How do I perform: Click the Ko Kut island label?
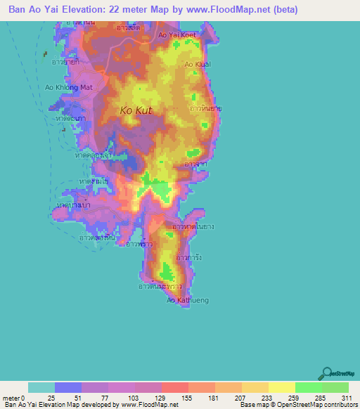point(134,110)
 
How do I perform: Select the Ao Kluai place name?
point(198,64)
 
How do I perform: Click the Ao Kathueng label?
point(187,301)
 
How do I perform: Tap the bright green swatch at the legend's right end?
point(335,387)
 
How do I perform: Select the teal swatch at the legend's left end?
point(41,387)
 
